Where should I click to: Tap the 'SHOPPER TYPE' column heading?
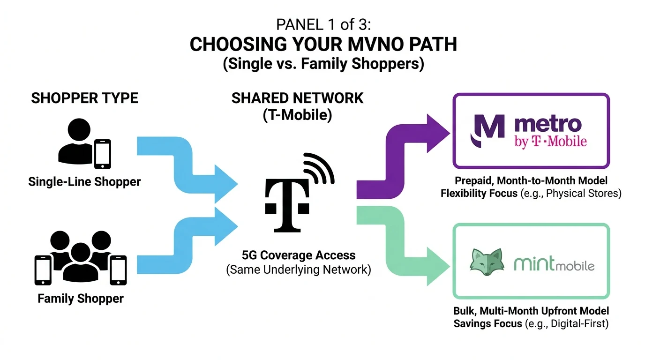(84, 98)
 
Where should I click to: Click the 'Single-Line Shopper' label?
(84, 181)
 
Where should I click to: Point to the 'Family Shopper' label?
(81, 298)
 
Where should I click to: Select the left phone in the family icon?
(44, 269)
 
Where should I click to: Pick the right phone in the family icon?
(118, 269)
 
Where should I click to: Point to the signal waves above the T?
(320, 169)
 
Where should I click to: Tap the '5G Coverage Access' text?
(299, 255)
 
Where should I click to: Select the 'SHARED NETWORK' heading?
(297, 98)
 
